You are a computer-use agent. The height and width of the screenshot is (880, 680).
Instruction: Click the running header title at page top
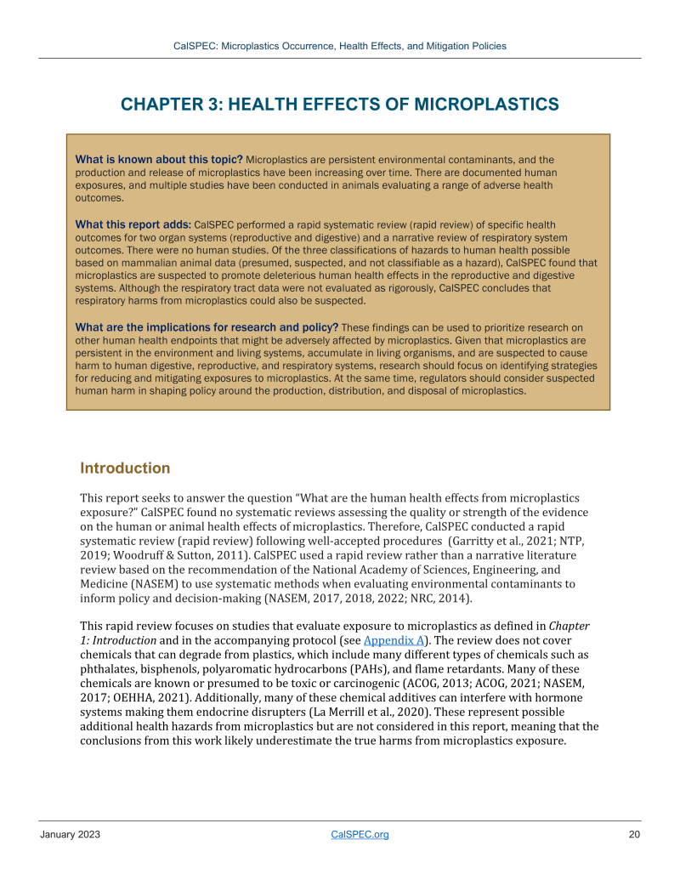click(x=339, y=46)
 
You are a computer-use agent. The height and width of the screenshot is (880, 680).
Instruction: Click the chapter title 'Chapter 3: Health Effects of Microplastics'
click(x=339, y=105)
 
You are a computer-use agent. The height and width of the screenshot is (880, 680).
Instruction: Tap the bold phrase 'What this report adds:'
click(x=133, y=225)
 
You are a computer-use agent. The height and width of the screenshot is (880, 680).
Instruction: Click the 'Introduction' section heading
click(x=125, y=468)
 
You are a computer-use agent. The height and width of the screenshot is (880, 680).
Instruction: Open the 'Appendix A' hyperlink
click(x=393, y=640)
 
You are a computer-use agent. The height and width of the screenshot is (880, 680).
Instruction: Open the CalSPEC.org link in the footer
click(x=359, y=834)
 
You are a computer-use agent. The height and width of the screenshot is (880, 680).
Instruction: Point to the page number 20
click(x=634, y=834)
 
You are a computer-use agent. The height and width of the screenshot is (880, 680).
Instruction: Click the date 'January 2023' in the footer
click(x=70, y=834)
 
